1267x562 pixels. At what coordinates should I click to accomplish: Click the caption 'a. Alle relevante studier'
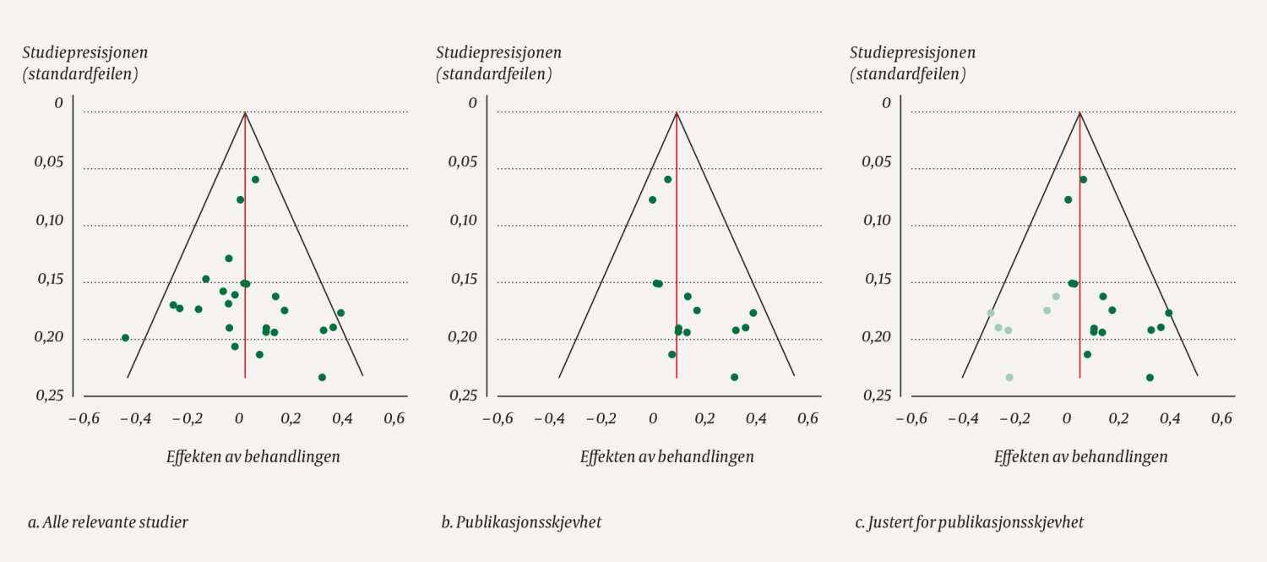click(x=107, y=522)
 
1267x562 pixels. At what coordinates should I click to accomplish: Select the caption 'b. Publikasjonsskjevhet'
click(x=521, y=522)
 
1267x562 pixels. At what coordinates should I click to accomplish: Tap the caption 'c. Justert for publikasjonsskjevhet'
click(x=969, y=522)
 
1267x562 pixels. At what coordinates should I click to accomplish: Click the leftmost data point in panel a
click(x=125, y=338)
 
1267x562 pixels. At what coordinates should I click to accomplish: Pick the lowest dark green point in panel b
click(x=734, y=377)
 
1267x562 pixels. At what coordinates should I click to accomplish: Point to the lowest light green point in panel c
click(x=1009, y=377)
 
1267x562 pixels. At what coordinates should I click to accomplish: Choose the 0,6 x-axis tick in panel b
click(x=808, y=418)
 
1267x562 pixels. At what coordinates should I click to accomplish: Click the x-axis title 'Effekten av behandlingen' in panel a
click(x=253, y=457)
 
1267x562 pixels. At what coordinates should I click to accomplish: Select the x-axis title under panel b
click(x=667, y=457)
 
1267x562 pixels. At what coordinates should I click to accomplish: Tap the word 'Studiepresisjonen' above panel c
click(x=912, y=52)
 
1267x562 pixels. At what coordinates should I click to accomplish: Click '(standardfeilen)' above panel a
click(x=80, y=74)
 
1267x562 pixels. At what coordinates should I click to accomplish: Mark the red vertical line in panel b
click(x=677, y=254)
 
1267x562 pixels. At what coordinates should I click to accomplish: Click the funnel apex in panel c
click(x=1080, y=112)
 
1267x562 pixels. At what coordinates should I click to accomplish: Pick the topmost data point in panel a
click(x=255, y=179)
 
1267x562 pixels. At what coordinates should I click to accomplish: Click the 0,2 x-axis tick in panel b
click(x=704, y=418)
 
